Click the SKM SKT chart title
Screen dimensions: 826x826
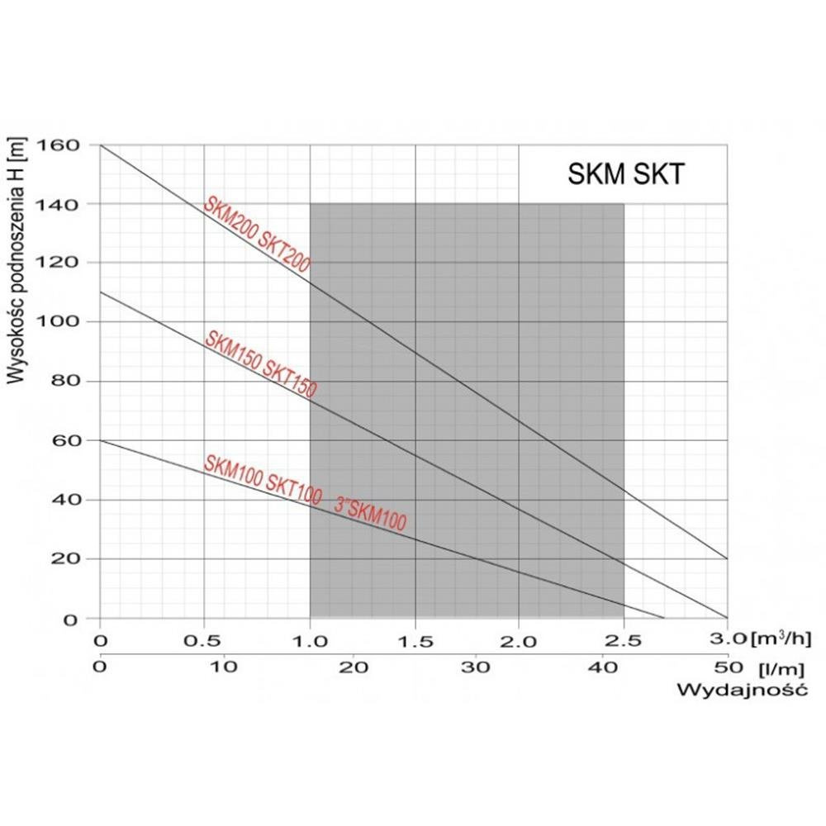[626, 174]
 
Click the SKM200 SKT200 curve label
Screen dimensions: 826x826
[257, 235]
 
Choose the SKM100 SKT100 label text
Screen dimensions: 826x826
[263, 478]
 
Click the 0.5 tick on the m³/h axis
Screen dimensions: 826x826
[204, 639]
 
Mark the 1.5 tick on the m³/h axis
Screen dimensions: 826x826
[414, 639]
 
